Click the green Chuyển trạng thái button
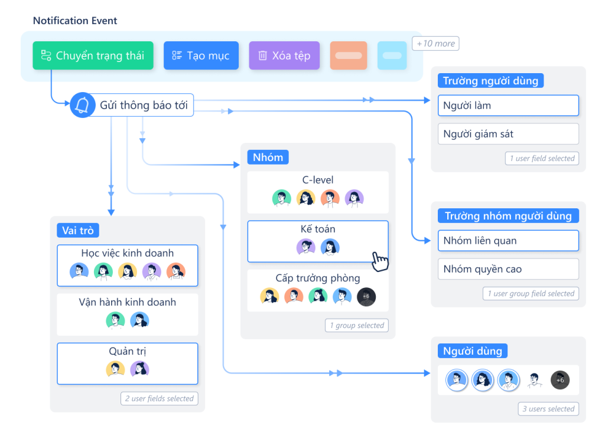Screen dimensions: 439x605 (93, 55)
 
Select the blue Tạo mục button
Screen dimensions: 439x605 (201, 55)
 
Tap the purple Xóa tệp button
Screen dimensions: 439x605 (284, 55)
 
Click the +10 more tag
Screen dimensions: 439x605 (435, 44)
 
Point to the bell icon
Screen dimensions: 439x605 (82, 106)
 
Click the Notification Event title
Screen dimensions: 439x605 (75, 21)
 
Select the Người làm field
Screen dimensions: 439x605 (508, 106)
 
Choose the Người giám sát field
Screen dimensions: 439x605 (508, 134)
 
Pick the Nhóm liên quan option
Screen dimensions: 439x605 (508, 241)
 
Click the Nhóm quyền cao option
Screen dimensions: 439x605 (508, 269)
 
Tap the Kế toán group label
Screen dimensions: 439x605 (318, 229)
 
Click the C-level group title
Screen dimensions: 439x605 (318, 180)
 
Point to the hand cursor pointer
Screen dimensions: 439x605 (380, 261)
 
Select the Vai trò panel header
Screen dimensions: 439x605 (78, 231)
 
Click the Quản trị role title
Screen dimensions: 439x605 (128, 352)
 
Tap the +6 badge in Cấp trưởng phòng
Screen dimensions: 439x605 (366, 296)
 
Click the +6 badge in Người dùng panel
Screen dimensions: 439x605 (560, 380)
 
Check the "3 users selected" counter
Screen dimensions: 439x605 (548, 409)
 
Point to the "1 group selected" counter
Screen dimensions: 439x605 (357, 325)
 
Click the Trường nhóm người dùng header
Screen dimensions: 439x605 (508, 216)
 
